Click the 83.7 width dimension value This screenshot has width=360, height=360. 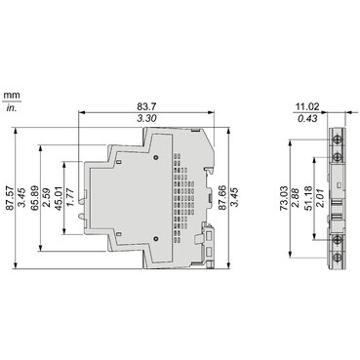point(146,106)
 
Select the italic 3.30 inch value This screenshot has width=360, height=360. point(146,119)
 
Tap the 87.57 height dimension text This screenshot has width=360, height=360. point(10,198)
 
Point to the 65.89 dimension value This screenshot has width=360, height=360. point(35,198)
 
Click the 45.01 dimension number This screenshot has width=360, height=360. point(59,198)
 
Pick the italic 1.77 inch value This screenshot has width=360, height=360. point(70,198)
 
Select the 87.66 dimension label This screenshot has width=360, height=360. point(222,198)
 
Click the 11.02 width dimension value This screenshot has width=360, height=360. point(307,106)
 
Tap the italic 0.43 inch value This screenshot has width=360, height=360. point(307,119)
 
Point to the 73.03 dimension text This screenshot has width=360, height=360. point(284,198)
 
